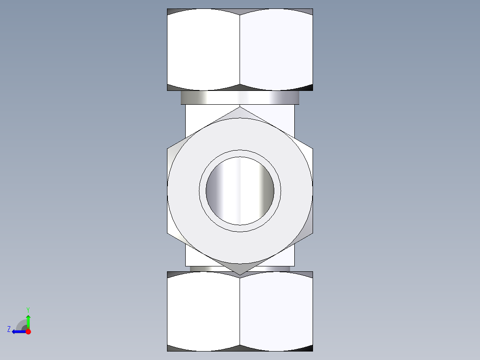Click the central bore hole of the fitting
(240, 191)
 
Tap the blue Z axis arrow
(17, 331)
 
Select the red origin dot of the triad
(28, 331)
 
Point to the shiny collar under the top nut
(240, 98)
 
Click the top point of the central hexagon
(240, 107)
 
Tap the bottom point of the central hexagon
(240, 274)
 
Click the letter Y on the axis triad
(28, 309)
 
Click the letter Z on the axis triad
(9, 329)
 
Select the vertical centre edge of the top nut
(240, 49)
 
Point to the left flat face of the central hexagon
(171, 191)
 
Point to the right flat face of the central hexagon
(309, 191)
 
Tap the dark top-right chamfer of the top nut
(307, 11)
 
